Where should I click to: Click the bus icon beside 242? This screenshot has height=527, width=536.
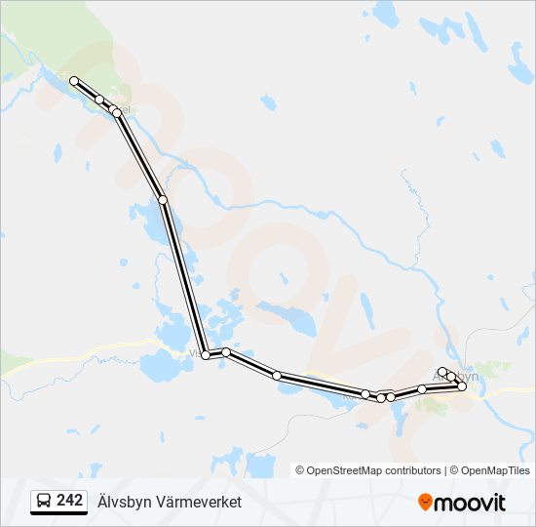pyautogui.click(x=44, y=502)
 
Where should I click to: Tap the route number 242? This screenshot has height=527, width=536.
pyautogui.click(x=70, y=501)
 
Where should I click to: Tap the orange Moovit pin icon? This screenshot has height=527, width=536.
pyautogui.click(x=425, y=503)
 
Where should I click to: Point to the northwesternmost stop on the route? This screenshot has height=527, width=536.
pyautogui.click(x=74, y=81)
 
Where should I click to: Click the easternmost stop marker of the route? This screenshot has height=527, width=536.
pyautogui.click(x=462, y=386)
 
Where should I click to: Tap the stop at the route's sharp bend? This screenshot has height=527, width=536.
pyautogui.click(x=206, y=355)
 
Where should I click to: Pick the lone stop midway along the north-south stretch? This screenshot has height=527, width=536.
pyautogui.click(x=163, y=200)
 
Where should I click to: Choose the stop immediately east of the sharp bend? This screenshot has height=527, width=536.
pyautogui.click(x=225, y=352)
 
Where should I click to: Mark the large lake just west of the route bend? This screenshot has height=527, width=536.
pyautogui.click(x=156, y=367)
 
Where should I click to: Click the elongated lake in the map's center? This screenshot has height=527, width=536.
pyautogui.click(x=287, y=316)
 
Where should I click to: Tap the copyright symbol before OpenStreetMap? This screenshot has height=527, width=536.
pyautogui.click(x=300, y=470)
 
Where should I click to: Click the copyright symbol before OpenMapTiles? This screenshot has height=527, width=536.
pyautogui.click(x=452, y=470)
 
